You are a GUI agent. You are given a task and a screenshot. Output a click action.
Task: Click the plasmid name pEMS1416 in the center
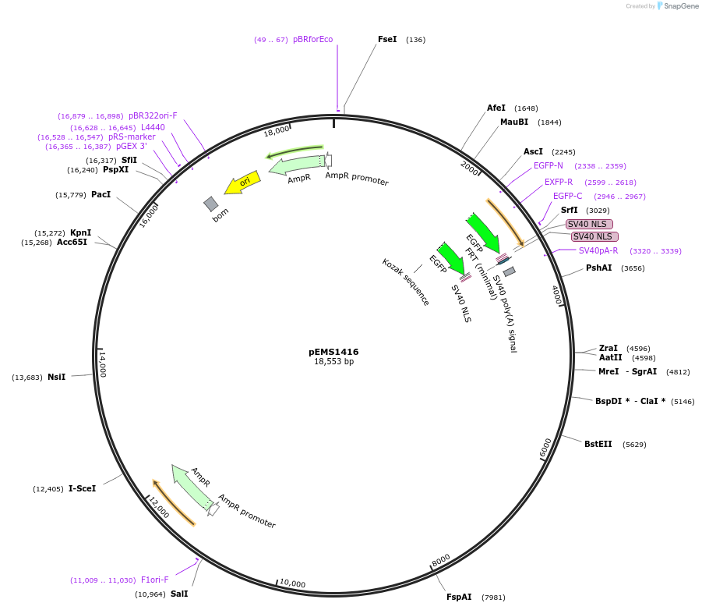pos(333,352)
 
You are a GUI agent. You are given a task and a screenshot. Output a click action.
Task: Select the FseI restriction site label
pos(387,39)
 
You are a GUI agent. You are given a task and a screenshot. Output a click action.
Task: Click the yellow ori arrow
pos(242,183)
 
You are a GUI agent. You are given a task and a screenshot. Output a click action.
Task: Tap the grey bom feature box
pos(211,204)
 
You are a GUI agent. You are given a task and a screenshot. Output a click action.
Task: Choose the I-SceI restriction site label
pos(82,489)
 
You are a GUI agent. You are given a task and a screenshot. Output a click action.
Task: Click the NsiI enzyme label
pos(56,377)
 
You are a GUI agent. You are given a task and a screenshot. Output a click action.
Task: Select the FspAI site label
pos(459,597)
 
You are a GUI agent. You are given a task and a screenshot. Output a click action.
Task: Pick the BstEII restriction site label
pos(598,444)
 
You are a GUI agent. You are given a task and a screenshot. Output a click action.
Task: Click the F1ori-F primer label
pos(154,580)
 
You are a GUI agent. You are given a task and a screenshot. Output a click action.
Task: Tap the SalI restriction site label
pos(179,594)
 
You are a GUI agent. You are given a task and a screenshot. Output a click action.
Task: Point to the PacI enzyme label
pos(101,194)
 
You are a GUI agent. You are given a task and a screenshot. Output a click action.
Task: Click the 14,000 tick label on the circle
pos(102,364)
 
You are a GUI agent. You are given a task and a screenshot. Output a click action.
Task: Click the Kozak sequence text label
pos(406,282)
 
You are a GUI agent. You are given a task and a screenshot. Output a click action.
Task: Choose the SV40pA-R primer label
pos(598,250)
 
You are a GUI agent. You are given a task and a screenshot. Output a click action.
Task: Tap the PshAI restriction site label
pos(598,268)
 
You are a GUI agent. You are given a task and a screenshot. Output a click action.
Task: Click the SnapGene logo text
pos(680,6)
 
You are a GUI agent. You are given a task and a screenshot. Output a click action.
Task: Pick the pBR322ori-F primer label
pos(153,115)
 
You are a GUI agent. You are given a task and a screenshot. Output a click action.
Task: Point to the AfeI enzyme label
pos(496,108)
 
